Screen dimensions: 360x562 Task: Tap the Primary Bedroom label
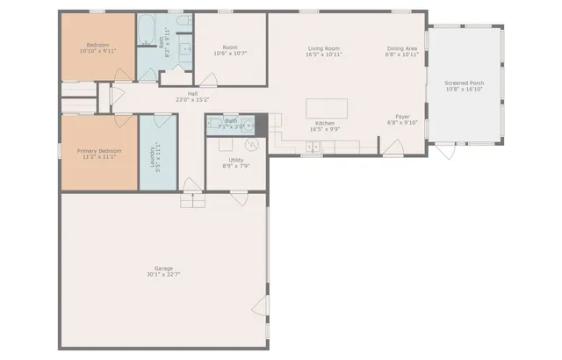tap(98, 151)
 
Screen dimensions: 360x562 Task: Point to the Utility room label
tap(235, 160)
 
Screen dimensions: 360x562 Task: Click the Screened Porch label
tap(465, 83)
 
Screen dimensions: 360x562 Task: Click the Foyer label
tap(402, 117)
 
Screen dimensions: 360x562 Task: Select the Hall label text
tap(191, 94)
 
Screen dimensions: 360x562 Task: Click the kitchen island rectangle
tap(327, 109)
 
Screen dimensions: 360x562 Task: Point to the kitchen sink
tap(313, 148)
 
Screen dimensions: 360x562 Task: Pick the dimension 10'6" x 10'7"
tap(230, 53)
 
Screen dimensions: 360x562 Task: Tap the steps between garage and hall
tap(191, 201)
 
